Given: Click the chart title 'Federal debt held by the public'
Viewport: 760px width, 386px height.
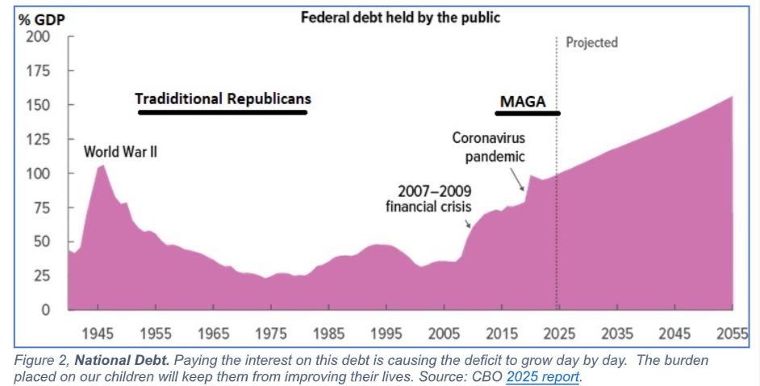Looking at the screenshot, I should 400,17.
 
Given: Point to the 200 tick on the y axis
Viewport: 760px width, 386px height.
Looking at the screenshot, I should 40,37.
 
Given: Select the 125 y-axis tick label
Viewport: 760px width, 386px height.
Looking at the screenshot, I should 40,140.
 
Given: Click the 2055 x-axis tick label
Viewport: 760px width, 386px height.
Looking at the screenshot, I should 731,334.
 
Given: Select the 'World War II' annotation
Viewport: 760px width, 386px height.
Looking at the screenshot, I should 121,151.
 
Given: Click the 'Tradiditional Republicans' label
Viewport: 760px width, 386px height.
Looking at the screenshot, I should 223,99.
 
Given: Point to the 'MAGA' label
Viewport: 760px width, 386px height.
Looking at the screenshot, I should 523,102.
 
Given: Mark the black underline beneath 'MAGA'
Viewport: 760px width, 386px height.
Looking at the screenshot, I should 527,114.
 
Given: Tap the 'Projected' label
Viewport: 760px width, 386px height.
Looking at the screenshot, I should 591,43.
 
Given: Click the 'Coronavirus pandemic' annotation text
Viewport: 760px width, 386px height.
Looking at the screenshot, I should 488,147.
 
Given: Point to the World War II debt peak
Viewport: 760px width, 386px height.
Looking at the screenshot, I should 102,166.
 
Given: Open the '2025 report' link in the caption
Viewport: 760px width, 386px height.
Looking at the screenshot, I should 543,376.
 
